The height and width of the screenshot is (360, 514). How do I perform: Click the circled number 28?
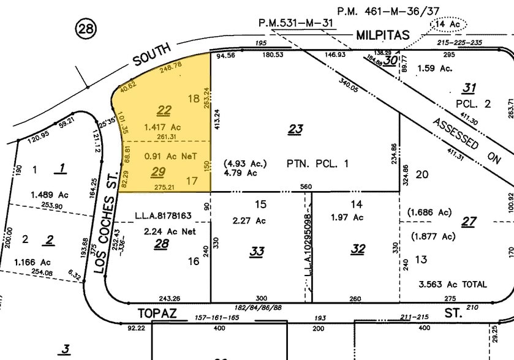coord(85,28)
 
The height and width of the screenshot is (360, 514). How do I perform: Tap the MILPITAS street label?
coord(382,36)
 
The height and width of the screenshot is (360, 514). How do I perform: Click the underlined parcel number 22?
coord(164,110)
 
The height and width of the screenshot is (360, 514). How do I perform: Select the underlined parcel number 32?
coord(358,249)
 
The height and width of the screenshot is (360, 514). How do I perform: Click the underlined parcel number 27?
coord(469,222)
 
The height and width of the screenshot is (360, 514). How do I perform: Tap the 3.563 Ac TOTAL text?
coord(452,284)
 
